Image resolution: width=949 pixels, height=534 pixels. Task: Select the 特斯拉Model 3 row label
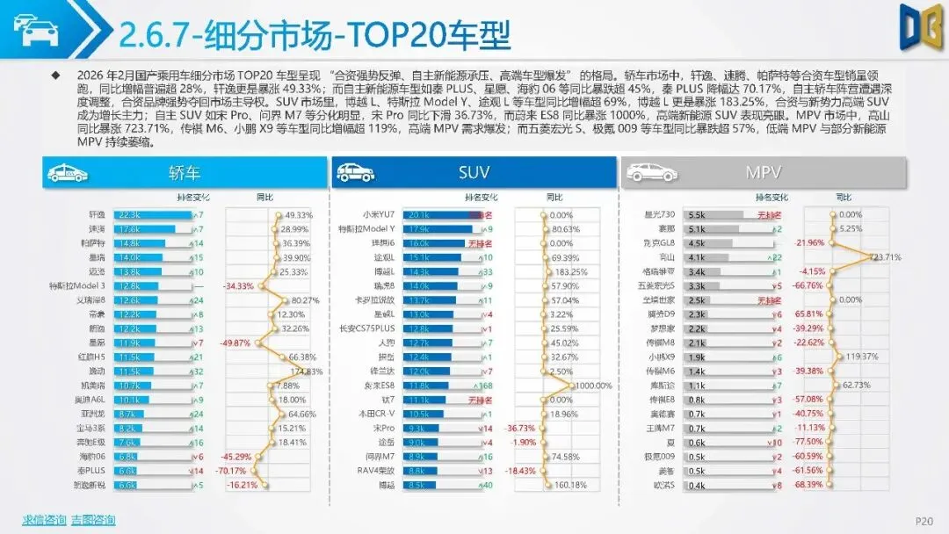pos(76,285)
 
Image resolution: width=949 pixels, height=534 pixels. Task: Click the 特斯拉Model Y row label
pos(367,228)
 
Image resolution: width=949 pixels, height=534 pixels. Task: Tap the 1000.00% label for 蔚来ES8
pos(593,386)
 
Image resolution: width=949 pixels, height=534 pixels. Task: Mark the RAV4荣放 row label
pos(373,471)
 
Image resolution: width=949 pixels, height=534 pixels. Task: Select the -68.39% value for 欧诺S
pos(810,485)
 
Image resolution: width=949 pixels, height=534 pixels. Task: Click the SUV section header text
pos(474,172)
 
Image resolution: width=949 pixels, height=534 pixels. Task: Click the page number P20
pos(924,520)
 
